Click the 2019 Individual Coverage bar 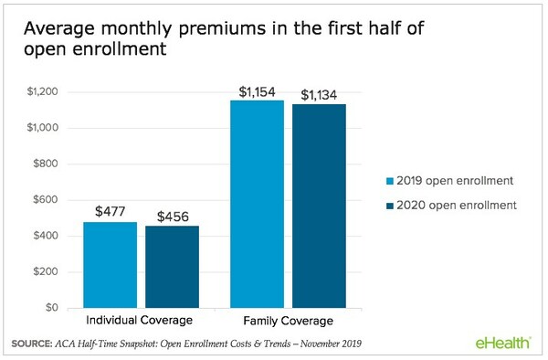pyautogui.click(x=111, y=265)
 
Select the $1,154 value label pyautogui.click(x=258, y=91)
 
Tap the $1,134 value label pyautogui.click(x=321, y=94)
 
